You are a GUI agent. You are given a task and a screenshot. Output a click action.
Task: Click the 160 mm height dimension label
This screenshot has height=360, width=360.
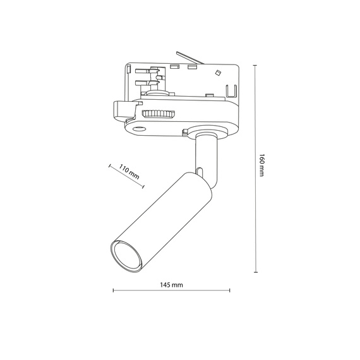(260, 167)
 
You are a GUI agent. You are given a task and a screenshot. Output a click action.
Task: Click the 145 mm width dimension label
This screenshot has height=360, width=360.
(171, 285)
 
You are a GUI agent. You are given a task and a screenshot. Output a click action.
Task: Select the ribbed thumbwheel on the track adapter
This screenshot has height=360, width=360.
(157, 114)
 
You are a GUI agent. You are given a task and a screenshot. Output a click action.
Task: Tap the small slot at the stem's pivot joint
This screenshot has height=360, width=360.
(200, 171)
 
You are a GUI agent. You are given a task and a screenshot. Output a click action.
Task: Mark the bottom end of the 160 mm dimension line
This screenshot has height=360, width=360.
(255, 272)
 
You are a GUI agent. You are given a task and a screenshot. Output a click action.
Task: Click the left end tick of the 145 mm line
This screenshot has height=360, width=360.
(113, 291)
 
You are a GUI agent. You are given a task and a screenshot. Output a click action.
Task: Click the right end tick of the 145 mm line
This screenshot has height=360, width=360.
(230, 291)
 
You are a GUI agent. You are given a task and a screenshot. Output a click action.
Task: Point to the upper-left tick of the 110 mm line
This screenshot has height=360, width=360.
(110, 166)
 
